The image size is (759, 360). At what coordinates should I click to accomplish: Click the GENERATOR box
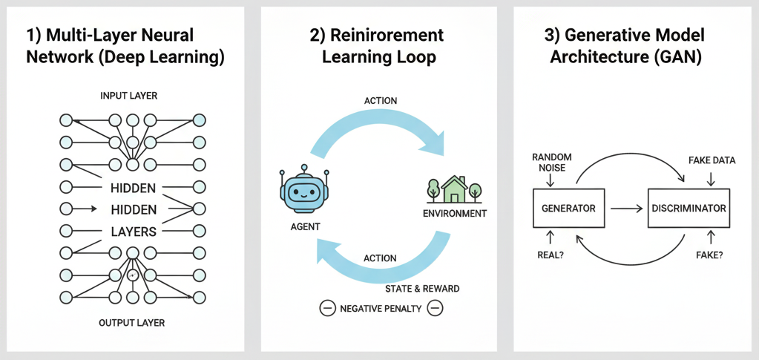point(569,209)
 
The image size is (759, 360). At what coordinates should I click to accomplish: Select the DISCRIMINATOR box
point(688,209)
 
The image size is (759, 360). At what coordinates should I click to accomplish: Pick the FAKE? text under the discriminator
point(710,255)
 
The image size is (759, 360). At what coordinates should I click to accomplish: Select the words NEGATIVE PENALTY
point(381,308)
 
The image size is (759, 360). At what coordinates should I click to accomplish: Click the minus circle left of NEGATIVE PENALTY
point(327,308)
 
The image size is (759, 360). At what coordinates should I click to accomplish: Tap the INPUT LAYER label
point(129,96)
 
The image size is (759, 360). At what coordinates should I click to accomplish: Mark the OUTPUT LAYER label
point(131,323)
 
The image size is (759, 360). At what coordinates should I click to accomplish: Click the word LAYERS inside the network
point(133,232)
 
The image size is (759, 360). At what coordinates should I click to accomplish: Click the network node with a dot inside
point(133,275)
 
